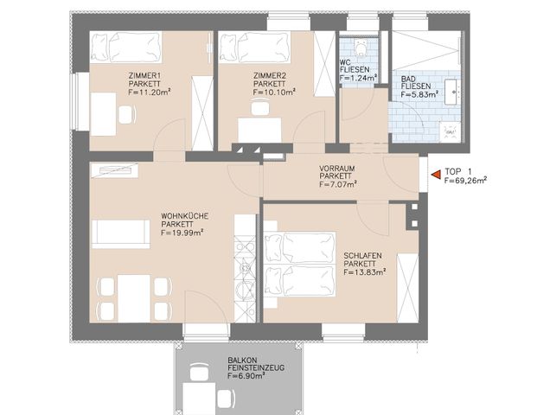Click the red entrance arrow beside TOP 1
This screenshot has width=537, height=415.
coord(435,176)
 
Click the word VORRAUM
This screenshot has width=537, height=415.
coord(337,168)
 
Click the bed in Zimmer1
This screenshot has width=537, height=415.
coord(125,48)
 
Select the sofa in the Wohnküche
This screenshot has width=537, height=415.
coord(121,233)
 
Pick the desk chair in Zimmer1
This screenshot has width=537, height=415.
coord(127,115)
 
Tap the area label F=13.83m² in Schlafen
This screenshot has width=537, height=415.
coord(364,271)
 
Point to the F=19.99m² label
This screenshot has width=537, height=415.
coord(182,232)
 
